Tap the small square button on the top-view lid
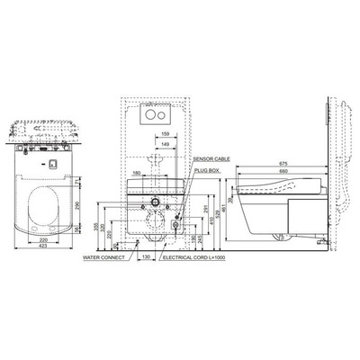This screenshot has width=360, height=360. pos(53,164)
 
